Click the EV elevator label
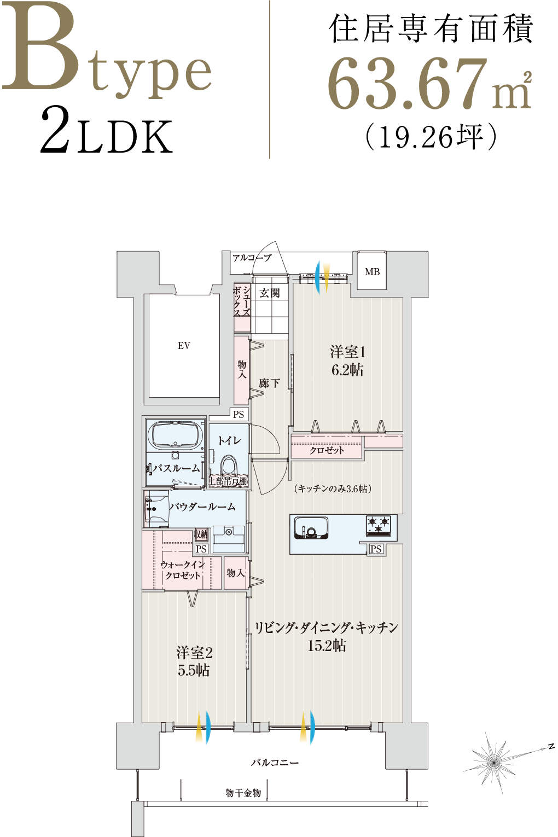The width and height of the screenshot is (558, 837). [x=184, y=345]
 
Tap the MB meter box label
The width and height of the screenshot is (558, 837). [x=372, y=272]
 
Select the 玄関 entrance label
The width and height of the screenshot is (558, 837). [x=269, y=293]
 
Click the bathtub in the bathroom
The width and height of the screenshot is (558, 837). [x=175, y=435]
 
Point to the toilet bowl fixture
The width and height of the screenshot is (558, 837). [x=228, y=467]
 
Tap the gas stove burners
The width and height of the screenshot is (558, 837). [x=379, y=525]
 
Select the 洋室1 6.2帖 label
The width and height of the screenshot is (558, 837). [x=347, y=361]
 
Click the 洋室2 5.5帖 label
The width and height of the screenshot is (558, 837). [x=194, y=661]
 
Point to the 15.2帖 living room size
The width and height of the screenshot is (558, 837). [x=327, y=646]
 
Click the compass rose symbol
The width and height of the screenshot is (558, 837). [x=493, y=761]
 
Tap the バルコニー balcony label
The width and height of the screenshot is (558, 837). [x=275, y=762]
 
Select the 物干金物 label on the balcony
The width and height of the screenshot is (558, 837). [x=243, y=793]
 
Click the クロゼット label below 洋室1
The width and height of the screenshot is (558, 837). [x=327, y=450]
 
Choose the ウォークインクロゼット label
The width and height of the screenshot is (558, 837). [x=183, y=569]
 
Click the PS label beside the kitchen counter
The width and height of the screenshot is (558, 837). [x=376, y=549]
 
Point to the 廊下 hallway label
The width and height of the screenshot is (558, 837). [x=269, y=383]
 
